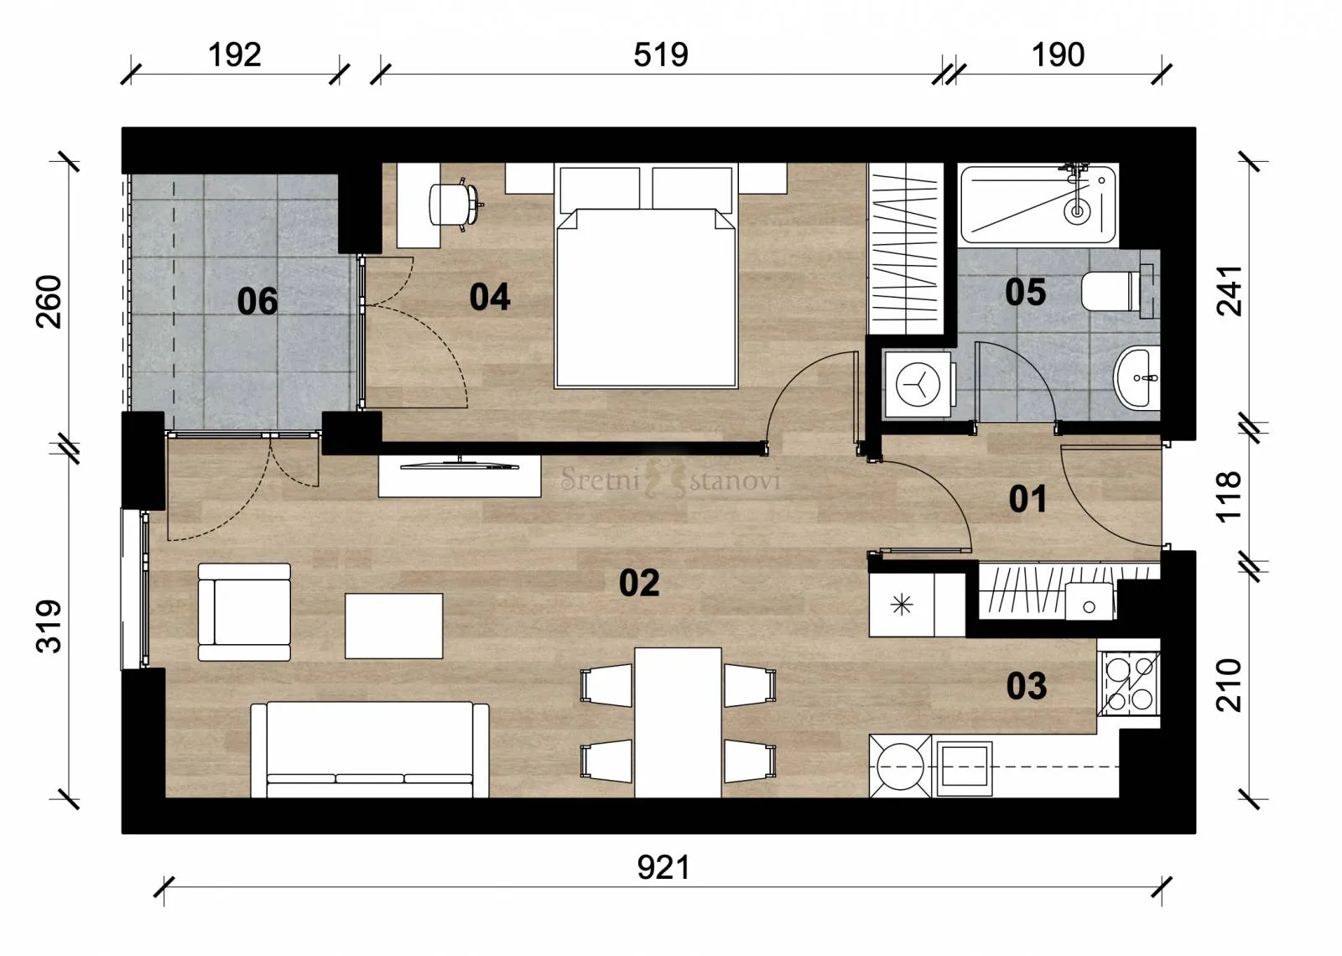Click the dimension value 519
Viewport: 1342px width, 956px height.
pos(661,55)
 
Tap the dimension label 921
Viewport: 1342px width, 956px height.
pos(663,868)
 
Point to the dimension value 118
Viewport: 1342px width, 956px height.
pos(1229,496)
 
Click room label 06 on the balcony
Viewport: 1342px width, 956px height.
pos(257,301)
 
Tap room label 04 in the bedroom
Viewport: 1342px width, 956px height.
pos(490,297)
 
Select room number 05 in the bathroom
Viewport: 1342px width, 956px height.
pos(1026,293)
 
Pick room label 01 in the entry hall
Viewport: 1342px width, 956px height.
pos(1028,499)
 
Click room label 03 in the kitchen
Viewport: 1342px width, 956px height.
pos(1027,686)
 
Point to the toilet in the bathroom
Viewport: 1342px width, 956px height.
pos(1118,292)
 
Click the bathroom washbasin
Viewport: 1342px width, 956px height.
pos(1137,378)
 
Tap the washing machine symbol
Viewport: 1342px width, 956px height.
pos(918,384)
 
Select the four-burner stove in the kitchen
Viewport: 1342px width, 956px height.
pos(1129,683)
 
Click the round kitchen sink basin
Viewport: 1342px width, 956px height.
pos(900,766)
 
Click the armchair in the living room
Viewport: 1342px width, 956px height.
pos(244,612)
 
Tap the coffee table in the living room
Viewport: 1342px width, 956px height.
pos(393,626)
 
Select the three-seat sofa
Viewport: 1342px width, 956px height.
pos(370,750)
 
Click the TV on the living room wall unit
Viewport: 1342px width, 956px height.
pos(460,465)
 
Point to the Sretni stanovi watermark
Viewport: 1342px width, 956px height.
pos(670,480)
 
